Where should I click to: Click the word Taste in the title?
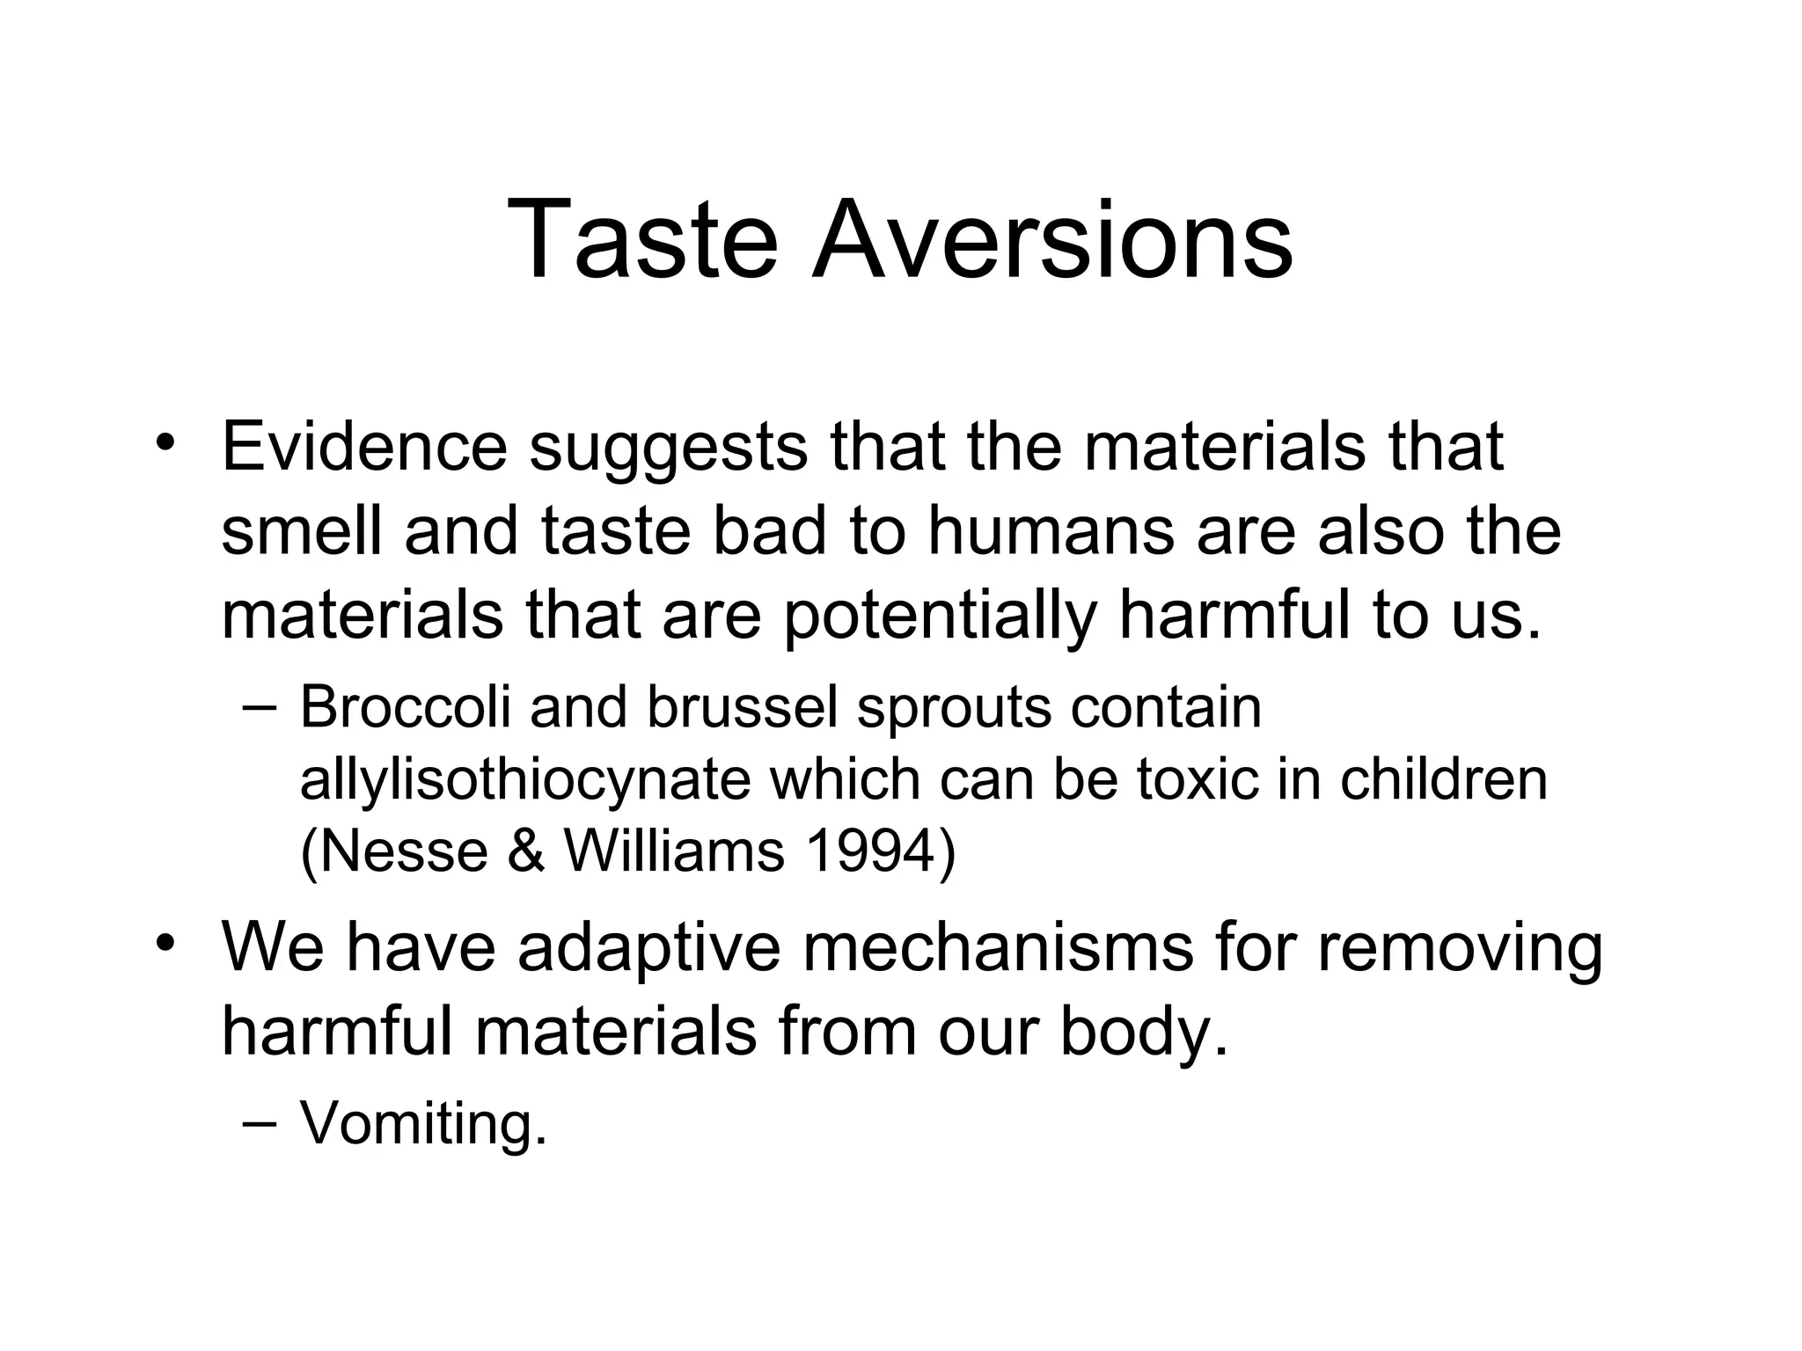pyautogui.click(x=642, y=240)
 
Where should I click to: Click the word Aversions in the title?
pyautogui.click(x=1052, y=240)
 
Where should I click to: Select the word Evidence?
pyautogui.click(x=364, y=447)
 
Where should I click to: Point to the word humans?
pyautogui.click(x=1051, y=531)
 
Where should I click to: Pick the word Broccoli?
pyautogui.click(x=406, y=707)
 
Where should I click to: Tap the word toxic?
pyautogui.click(x=1197, y=779)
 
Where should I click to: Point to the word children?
pyautogui.click(x=1443, y=779)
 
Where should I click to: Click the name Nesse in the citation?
pyautogui.click(x=394, y=851)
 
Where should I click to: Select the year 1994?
pyautogui.click(x=879, y=851)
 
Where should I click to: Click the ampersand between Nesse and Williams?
pyautogui.click(x=525, y=851)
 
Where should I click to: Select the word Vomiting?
pyautogui.click(x=423, y=1125)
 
